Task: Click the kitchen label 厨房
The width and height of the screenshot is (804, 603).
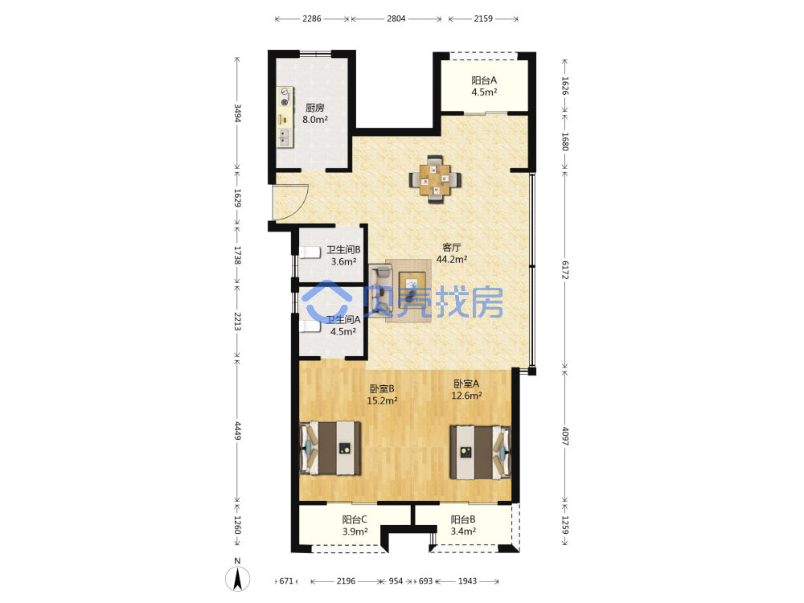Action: (315, 108)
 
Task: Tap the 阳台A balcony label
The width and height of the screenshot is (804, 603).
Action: (484, 80)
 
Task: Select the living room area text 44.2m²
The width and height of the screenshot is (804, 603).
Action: (452, 260)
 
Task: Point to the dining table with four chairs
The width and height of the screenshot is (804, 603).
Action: (435, 180)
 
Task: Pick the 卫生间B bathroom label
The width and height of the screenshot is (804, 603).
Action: (343, 250)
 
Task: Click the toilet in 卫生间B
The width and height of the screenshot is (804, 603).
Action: (310, 252)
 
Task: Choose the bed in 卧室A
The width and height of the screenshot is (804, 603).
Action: (481, 452)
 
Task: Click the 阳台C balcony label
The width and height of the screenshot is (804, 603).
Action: (355, 519)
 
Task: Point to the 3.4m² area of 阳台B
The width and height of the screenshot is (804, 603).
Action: (463, 531)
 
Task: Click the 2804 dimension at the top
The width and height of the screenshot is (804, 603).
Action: (396, 19)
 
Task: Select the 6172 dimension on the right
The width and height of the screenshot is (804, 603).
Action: (564, 269)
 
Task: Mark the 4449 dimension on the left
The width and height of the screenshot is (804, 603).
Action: (237, 430)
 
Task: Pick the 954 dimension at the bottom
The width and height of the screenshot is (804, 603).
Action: (396, 581)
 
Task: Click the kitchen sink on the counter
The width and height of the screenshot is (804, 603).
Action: (284, 137)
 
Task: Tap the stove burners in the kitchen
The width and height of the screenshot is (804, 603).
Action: (285, 97)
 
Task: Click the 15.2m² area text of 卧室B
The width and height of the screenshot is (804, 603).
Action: (382, 400)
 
